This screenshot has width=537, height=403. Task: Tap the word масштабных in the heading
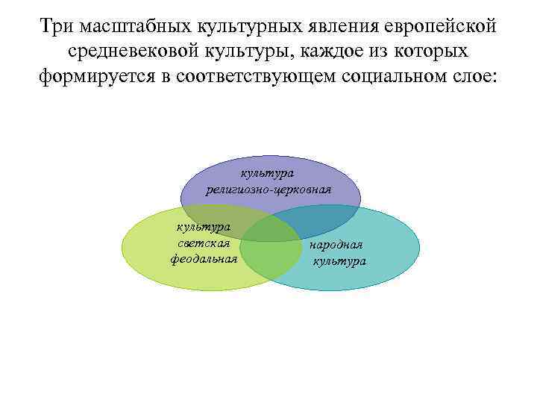(135, 28)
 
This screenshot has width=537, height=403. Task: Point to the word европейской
(438, 28)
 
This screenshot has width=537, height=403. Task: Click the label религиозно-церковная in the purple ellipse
(268, 188)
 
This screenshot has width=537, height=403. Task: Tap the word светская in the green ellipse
(203, 243)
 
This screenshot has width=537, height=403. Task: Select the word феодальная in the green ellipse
(203, 259)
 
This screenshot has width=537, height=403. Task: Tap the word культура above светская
(203, 227)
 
